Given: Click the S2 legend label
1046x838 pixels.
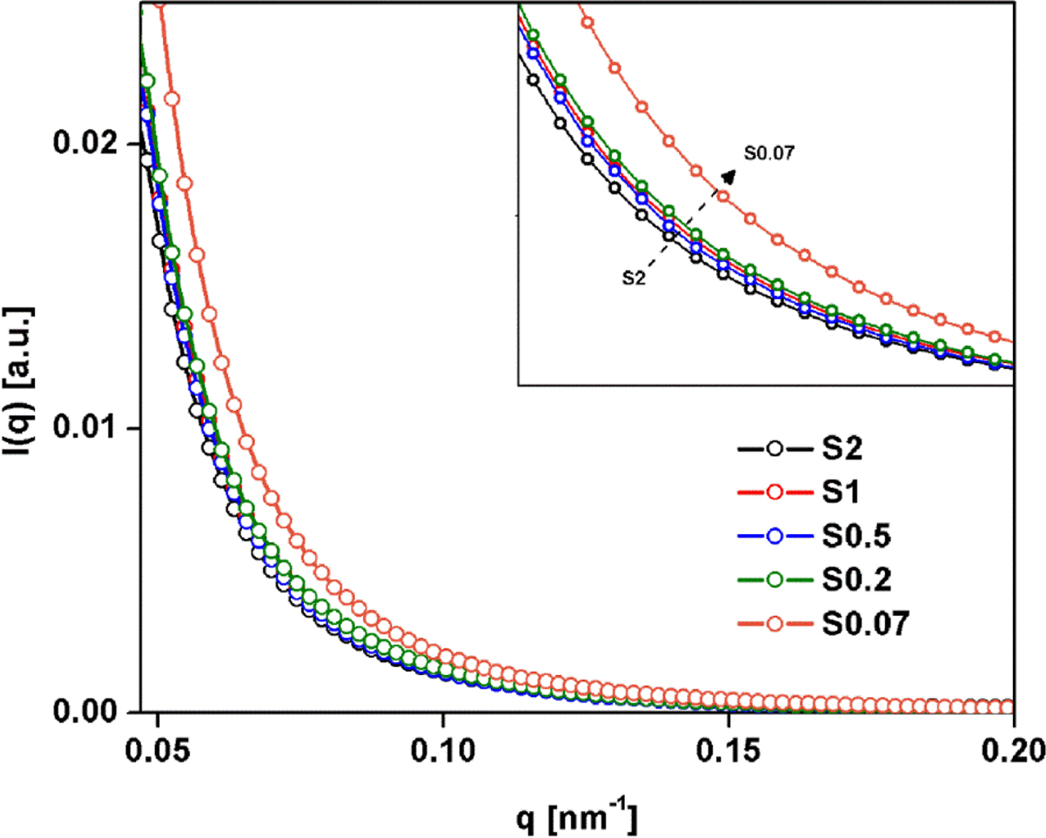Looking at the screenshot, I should (843, 448).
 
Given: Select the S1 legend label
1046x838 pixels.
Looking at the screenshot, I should (841, 492).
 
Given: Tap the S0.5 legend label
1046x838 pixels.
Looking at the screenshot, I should (856, 536).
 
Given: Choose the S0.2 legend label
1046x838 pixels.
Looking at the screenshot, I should (856, 579).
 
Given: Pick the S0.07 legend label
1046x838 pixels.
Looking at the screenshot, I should (866, 623).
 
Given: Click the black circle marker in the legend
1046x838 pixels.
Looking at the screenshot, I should (775, 448).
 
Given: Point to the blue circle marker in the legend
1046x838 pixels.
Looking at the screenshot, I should (775, 536).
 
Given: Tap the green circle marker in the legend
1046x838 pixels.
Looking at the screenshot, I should (775, 579).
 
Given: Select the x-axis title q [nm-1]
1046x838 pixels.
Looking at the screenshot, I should (577, 817).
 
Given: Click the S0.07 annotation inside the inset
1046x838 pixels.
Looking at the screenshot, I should (769, 153).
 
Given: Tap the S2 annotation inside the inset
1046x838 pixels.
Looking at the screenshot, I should (634, 278).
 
